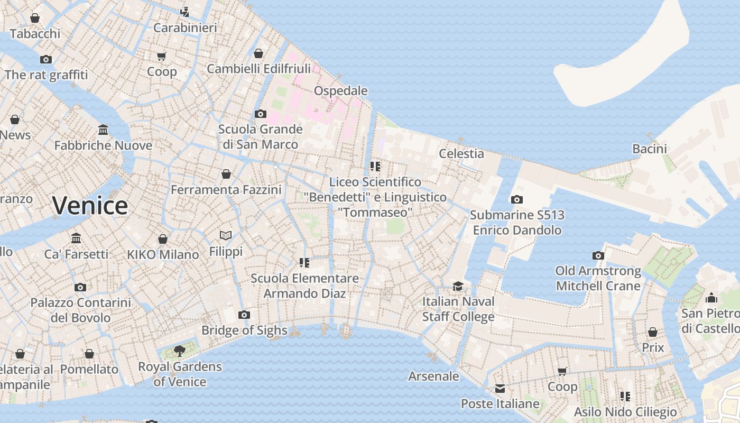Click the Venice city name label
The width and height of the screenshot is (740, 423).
pyautogui.click(x=90, y=206)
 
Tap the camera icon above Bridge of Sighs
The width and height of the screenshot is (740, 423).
pyautogui.click(x=244, y=315)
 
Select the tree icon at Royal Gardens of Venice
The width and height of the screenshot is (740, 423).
pyautogui.click(x=180, y=351)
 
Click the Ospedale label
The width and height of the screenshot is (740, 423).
pyautogui.click(x=340, y=91)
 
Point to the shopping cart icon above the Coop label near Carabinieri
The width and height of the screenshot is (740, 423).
pyautogui.click(x=162, y=56)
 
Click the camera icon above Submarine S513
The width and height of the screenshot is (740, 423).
pyautogui.click(x=516, y=199)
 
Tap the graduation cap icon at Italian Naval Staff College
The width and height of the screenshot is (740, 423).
pyautogui.click(x=458, y=286)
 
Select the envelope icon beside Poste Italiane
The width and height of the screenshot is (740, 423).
pyautogui.click(x=500, y=389)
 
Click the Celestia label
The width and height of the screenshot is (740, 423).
pyautogui.click(x=461, y=153)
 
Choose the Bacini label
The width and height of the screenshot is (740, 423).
pyautogui.click(x=650, y=149)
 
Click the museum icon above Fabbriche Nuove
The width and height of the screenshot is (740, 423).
pyautogui.click(x=103, y=130)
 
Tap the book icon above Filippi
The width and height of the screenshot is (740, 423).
pyautogui.click(x=226, y=235)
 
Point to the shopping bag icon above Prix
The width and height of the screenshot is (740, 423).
pyautogui.click(x=653, y=332)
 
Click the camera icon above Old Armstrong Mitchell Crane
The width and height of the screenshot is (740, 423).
pyautogui.click(x=598, y=255)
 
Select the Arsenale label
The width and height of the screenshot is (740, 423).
pyautogui.click(x=433, y=376)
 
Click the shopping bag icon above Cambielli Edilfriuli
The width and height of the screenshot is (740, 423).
pyautogui.click(x=258, y=53)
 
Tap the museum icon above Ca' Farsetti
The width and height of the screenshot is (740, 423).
pyautogui.click(x=76, y=238)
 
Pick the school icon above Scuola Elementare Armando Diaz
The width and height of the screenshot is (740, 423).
pyautogui.click(x=304, y=262)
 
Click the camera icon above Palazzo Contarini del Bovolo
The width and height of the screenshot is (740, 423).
pyautogui.click(x=80, y=287)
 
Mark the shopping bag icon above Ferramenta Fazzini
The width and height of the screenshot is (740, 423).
pyautogui.click(x=226, y=174)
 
